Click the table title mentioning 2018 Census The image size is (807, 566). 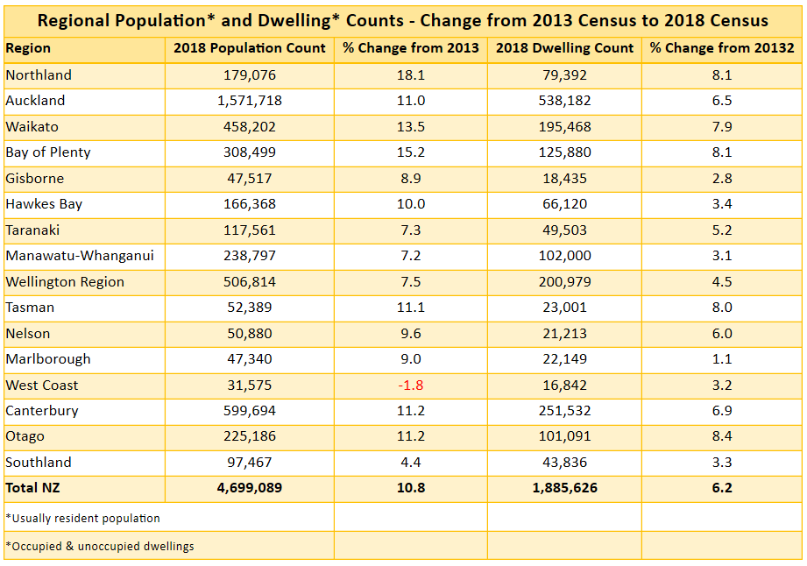coord(403,20)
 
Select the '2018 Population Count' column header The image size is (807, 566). coord(250,49)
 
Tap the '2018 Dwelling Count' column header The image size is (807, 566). coord(564,49)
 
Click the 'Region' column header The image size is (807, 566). coord(29,49)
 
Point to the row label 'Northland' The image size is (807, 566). coord(39,75)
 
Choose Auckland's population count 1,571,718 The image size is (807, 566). coord(250,101)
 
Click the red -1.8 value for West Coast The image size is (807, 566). coord(410,386)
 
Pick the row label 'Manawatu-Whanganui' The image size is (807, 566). coord(67,256)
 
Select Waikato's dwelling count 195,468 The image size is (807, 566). coord(564,127)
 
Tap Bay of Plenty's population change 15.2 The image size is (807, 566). coord(410,152)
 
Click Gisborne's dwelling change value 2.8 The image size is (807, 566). coord(722,179)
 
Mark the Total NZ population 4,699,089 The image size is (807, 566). coord(250,488)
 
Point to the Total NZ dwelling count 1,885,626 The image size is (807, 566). coord(564,488)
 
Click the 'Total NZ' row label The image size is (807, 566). coord(32,488)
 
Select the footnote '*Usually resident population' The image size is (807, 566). coord(82,518)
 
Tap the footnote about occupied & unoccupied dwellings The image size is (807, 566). coord(100,546)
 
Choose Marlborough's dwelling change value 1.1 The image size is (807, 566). coord(722,359)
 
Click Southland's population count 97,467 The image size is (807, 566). coord(250,463)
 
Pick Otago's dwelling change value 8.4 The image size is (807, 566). coord(722,436)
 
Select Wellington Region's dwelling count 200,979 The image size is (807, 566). coord(564,282)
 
